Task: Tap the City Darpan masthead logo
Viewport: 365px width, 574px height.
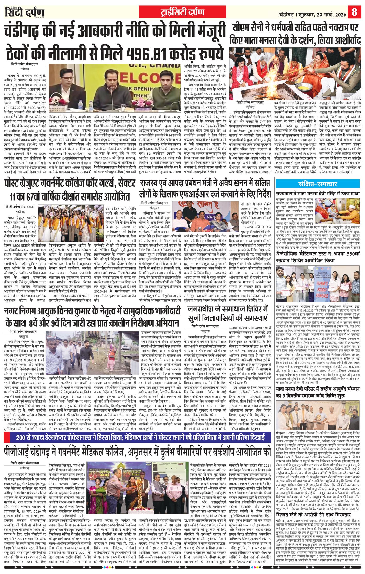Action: [25, 12]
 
